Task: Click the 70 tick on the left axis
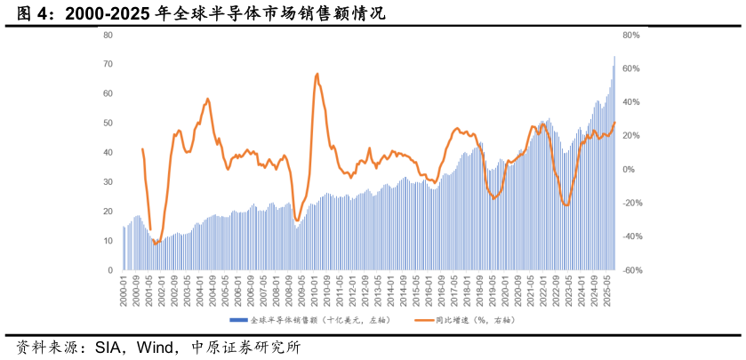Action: tap(108, 64)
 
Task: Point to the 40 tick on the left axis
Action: tap(108, 152)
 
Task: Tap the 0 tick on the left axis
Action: tap(110, 270)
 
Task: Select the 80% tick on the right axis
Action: tap(631, 35)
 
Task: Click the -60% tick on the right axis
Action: tap(631, 270)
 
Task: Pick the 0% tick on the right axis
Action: tap(629, 169)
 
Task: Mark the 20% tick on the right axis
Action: tap(630, 136)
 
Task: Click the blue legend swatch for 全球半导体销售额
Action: tap(238, 319)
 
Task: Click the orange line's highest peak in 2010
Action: tap(317, 74)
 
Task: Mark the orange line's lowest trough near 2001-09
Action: tap(155, 243)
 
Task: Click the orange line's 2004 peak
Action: tap(208, 99)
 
